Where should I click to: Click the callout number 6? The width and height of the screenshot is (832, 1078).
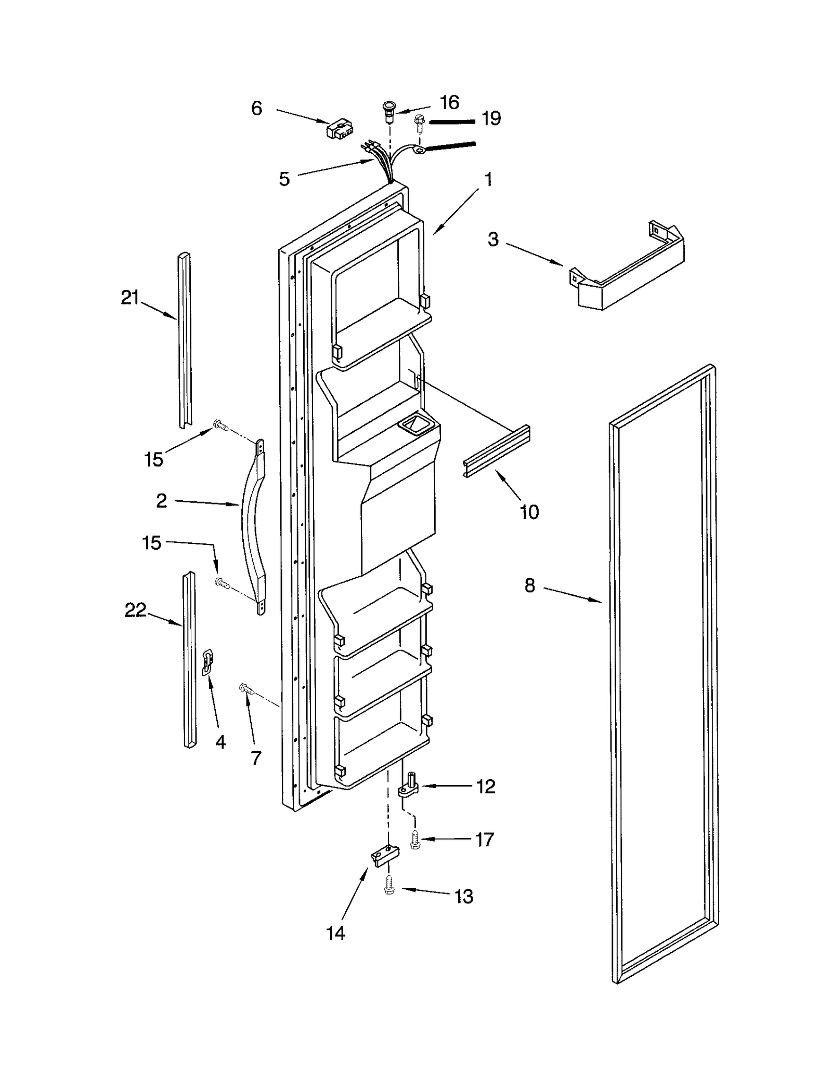pyautogui.click(x=256, y=109)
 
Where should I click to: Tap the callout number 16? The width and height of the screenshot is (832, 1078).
pyautogui.click(x=449, y=103)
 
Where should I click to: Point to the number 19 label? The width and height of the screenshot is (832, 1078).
pyautogui.click(x=491, y=119)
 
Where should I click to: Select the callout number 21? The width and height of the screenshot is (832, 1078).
pyautogui.click(x=130, y=298)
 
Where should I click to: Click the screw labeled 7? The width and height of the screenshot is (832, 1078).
pyautogui.click(x=246, y=689)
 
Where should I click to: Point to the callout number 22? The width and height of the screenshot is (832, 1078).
pyautogui.click(x=135, y=610)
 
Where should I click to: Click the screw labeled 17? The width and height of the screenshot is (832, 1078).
pyautogui.click(x=414, y=839)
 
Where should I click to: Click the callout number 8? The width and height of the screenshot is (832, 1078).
pyautogui.click(x=529, y=585)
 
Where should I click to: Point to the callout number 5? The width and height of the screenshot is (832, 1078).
pyautogui.click(x=284, y=179)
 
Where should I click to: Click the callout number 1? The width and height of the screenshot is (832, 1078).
pyautogui.click(x=488, y=180)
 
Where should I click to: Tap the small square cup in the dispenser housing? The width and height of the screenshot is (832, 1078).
pyautogui.click(x=414, y=426)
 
